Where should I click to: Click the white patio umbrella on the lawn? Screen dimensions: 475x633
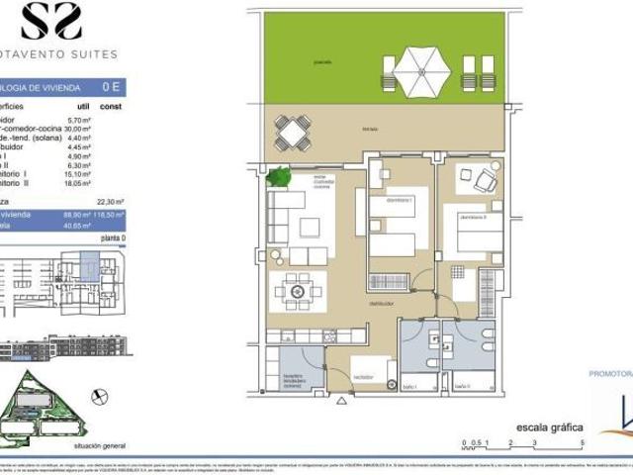click(422, 71)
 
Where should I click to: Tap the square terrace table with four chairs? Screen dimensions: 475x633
click(291, 131)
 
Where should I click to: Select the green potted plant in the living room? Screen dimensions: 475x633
click(279, 178)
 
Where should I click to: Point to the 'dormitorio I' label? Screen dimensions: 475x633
click(398, 200)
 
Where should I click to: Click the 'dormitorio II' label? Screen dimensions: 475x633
click(469, 216)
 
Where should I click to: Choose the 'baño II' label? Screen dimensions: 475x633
click(462, 386)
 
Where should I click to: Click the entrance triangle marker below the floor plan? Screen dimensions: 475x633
click(343, 400)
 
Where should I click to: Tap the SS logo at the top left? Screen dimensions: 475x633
click(51, 21)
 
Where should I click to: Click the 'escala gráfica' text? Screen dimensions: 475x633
click(542, 427)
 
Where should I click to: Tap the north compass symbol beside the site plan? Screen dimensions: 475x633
click(98, 395)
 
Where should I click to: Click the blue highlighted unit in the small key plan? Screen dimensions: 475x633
click(86, 265)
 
